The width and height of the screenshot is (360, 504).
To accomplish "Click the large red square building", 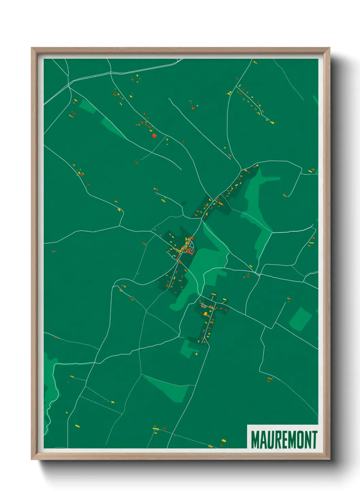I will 154,136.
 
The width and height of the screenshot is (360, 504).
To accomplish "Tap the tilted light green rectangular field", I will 300,319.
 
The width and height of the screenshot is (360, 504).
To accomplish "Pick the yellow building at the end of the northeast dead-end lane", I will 272,122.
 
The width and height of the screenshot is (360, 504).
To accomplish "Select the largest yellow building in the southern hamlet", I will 206,313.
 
